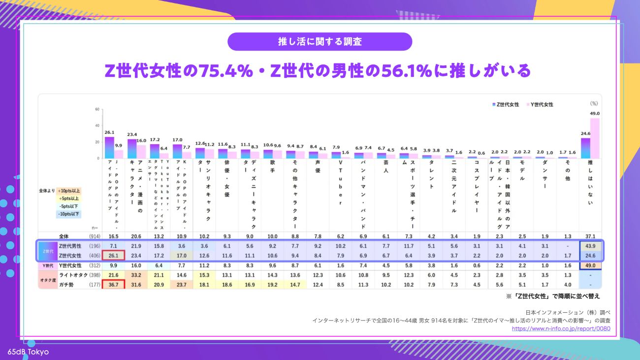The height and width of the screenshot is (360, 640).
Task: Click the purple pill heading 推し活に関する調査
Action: (x=320, y=41)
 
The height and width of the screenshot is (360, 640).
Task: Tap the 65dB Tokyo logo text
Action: (x=28, y=352)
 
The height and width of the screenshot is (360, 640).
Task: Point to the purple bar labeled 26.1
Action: (x=109, y=147)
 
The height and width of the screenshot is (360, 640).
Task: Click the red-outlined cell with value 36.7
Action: (x=113, y=284)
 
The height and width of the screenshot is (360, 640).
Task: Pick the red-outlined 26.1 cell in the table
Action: (x=113, y=255)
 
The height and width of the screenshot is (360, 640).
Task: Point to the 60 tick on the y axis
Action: (x=97, y=109)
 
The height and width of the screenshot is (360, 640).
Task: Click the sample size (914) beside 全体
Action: (x=95, y=236)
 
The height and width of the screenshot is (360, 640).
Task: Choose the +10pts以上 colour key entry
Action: (x=69, y=191)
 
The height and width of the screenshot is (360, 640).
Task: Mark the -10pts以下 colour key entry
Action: (x=69, y=214)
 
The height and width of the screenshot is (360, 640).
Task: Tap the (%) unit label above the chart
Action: (x=594, y=103)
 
